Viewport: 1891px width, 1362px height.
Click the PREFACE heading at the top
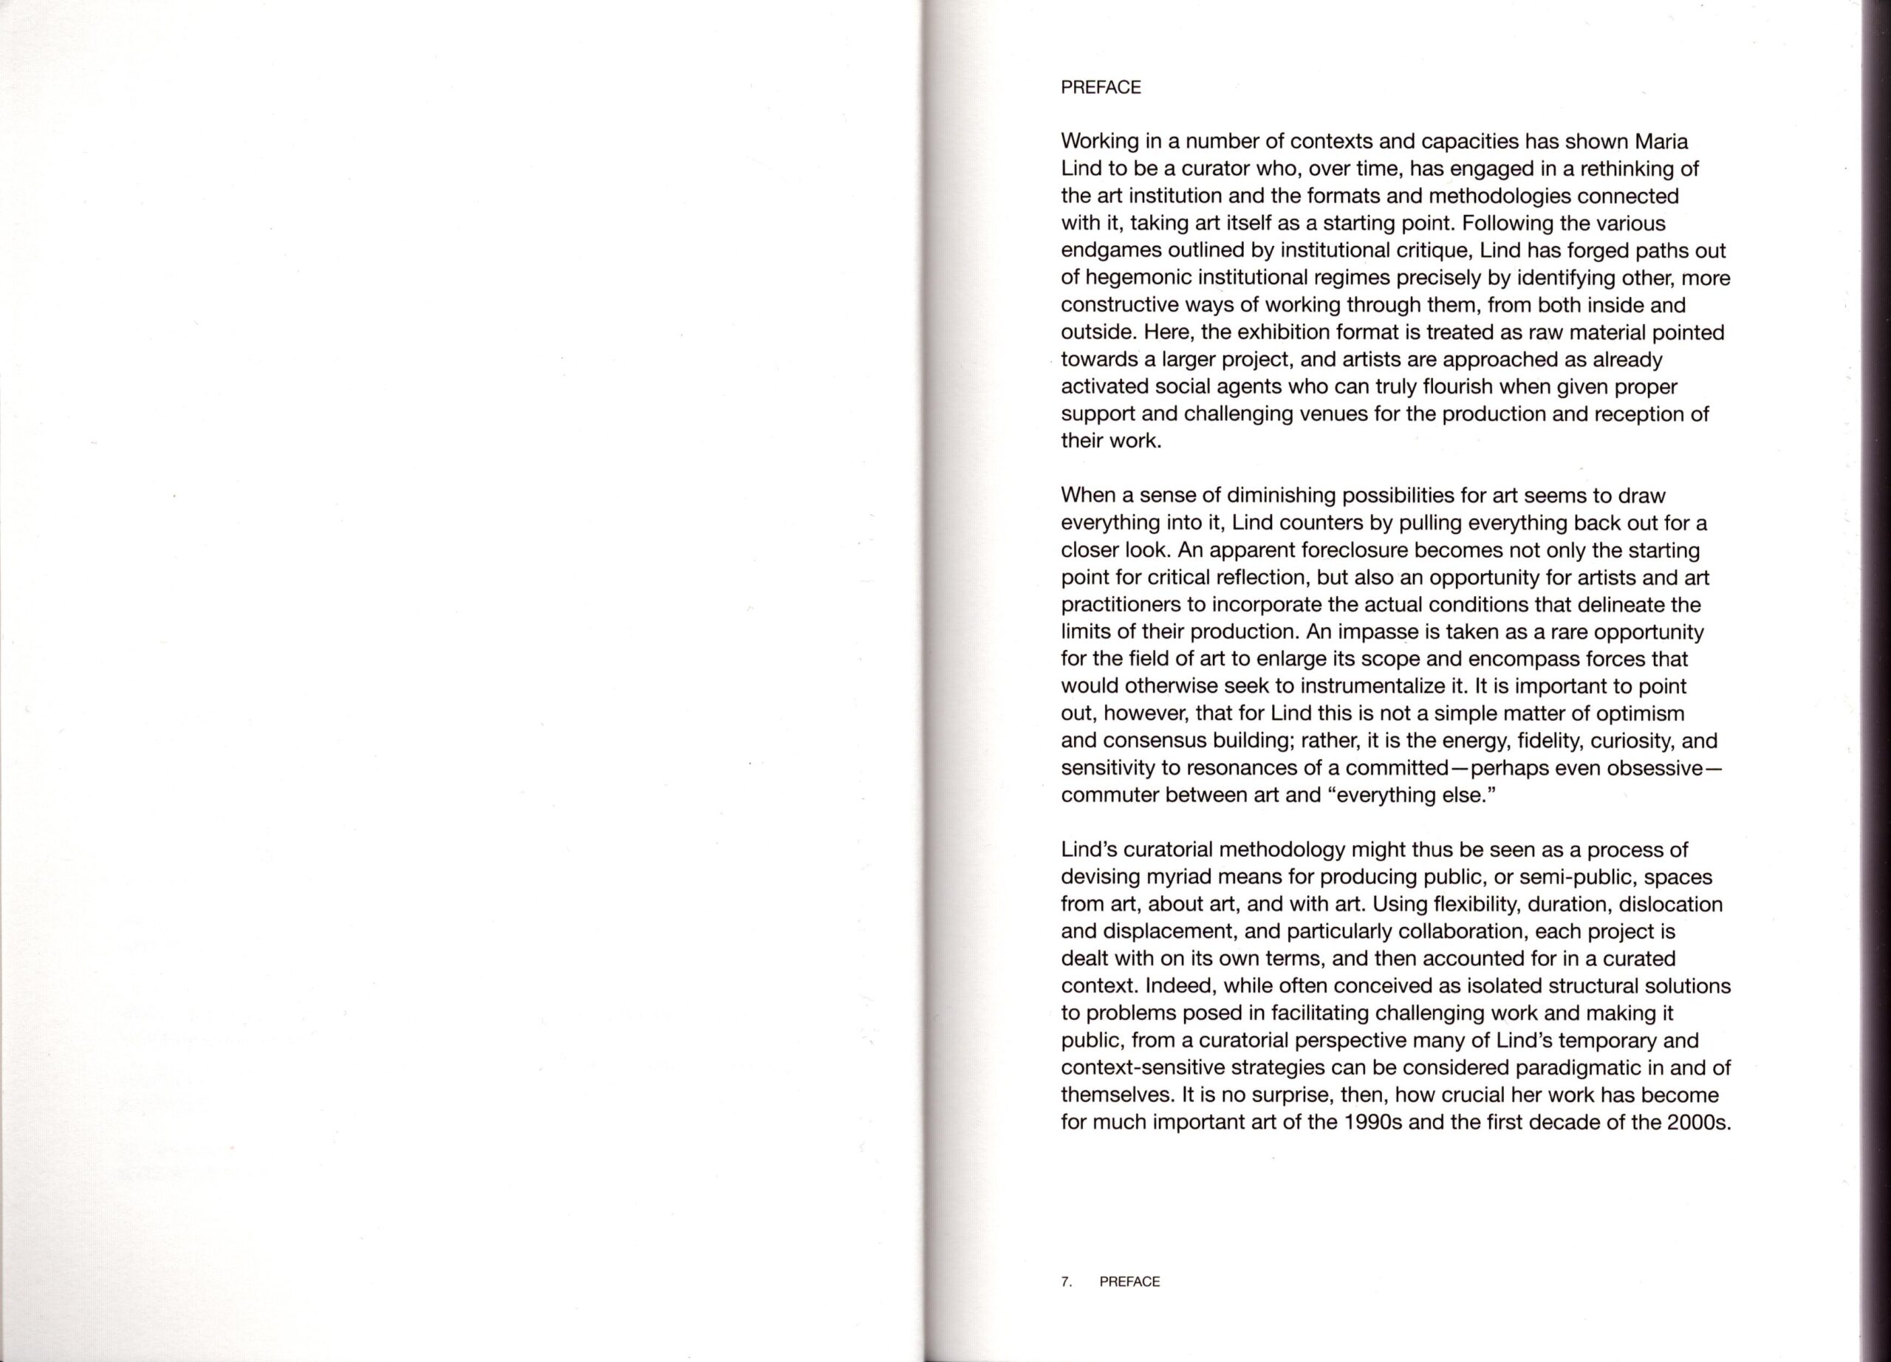pos(1101,87)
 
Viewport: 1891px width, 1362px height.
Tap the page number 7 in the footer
pos(1066,1282)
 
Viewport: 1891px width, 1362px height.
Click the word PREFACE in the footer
pos(1129,1282)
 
